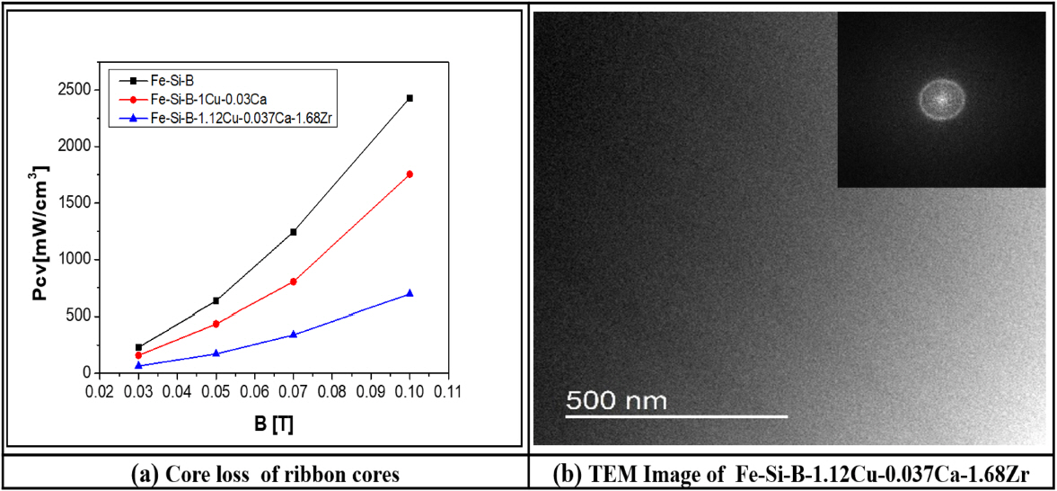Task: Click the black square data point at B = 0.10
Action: point(410,97)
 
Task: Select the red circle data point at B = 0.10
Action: point(410,174)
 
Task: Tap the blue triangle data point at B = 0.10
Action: point(410,293)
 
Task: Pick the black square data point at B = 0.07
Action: point(293,232)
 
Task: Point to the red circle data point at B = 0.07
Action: point(293,281)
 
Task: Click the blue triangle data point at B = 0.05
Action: point(216,353)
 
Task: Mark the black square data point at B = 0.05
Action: point(216,300)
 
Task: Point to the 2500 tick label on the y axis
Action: point(74,90)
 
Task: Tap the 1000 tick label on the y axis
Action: point(74,260)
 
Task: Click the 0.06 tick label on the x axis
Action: point(254,393)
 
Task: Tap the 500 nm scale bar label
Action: point(615,399)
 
